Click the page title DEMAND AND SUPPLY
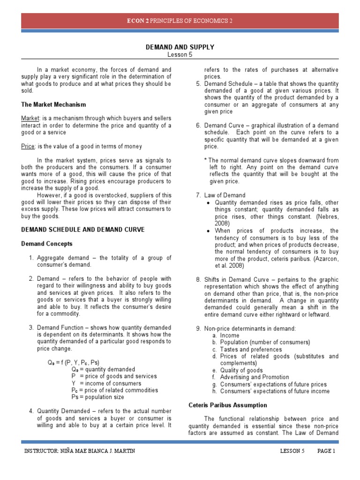(x=180, y=47)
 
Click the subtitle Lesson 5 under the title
(x=180, y=54)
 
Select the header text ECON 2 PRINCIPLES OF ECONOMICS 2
(x=180, y=21)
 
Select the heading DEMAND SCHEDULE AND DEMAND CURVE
(x=83, y=230)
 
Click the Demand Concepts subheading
(x=47, y=244)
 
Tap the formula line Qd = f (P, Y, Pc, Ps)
(x=73, y=362)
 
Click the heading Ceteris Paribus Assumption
(x=228, y=405)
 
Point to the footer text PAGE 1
(x=326, y=451)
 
